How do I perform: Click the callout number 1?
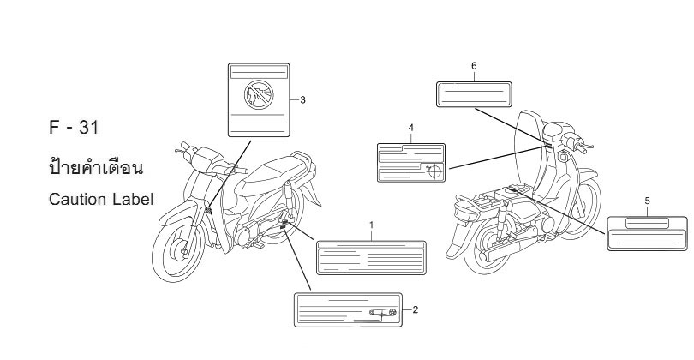click(x=371, y=225)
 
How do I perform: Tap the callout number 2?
click(x=416, y=310)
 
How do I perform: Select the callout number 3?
click(x=302, y=100)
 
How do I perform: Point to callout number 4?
click(x=410, y=128)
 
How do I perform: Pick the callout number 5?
click(x=647, y=201)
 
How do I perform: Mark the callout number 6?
click(x=474, y=66)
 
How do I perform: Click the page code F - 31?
click(x=74, y=128)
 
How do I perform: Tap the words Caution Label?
click(x=101, y=199)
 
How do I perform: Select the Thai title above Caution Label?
click(x=96, y=167)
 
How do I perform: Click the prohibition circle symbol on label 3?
click(x=259, y=95)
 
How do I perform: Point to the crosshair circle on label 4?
click(x=434, y=171)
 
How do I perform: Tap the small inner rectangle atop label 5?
click(x=647, y=223)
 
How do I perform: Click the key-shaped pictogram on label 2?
click(x=383, y=313)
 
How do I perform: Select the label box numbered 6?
click(x=474, y=94)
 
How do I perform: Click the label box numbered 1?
click(x=371, y=258)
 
